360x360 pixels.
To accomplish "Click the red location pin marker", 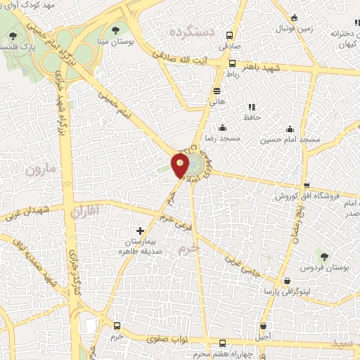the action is [x=181, y=166].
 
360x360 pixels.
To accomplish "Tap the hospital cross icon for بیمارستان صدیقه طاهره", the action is [x=140, y=231].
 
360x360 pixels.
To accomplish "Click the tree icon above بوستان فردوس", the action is [x=323, y=256].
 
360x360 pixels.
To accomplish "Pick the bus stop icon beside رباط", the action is [x=233, y=63].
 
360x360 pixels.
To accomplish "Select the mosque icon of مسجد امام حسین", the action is [x=290, y=129].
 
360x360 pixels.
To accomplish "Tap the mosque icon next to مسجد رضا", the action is [x=223, y=128].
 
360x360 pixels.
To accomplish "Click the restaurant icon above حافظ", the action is [x=251, y=107].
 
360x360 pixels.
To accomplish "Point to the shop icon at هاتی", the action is [x=217, y=90].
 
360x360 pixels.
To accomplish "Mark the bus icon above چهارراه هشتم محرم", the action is [x=223, y=343].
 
